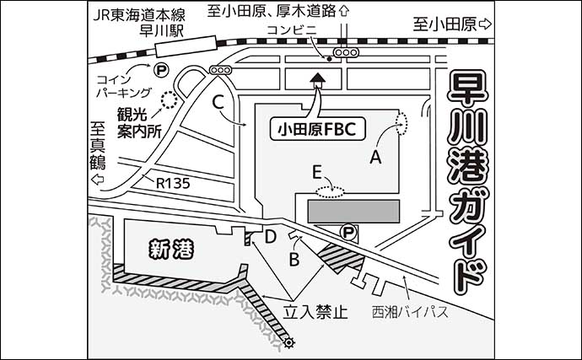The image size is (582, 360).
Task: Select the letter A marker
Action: pyautogui.click(x=376, y=156)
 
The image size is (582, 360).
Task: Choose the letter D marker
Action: pyautogui.click(x=271, y=239)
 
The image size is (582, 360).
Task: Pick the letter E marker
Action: pyautogui.click(x=317, y=173)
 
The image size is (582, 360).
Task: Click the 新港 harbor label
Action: pyautogui.click(x=171, y=249)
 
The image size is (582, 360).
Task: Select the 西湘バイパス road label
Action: pyautogui.click(x=409, y=313)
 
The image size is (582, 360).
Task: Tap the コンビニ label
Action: pyautogui.click(x=291, y=30)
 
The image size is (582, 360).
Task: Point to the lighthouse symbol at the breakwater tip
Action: pyautogui.click(x=290, y=342)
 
